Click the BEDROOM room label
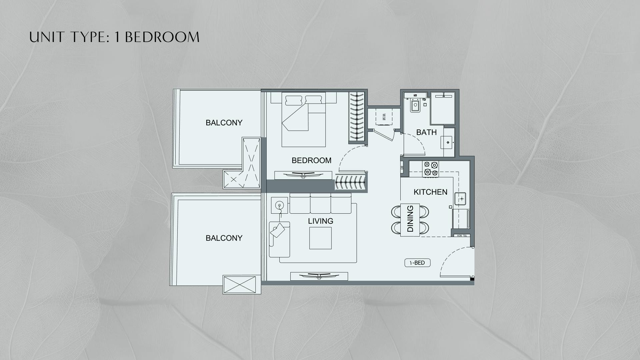[311, 160]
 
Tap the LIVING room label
[320, 221]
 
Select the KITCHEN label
[430, 192]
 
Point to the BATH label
[426, 132]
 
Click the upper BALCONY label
[224, 123]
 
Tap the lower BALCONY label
[224, 238]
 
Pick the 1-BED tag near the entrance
[417, 263]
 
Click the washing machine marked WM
[384, 117]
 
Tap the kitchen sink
[461, 199]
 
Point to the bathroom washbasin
[448, 143]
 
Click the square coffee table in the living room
[320, 238]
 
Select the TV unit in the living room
[319, 276]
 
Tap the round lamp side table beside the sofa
[279, 206]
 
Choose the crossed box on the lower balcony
[242, 285]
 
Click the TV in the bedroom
[303, 174]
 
